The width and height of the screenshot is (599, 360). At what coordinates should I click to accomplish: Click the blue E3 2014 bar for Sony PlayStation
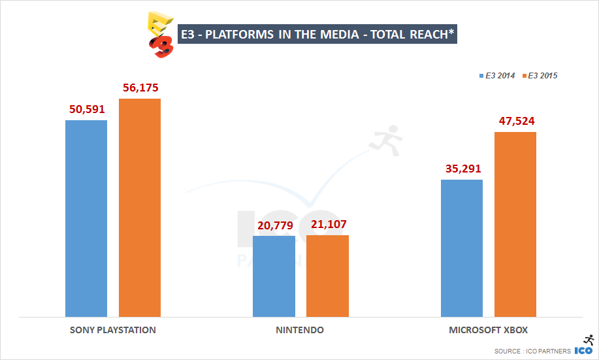pyautogui.click(x=86, y=219)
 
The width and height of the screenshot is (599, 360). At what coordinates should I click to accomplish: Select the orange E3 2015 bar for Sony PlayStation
pyautogui.click(x=139, y=208)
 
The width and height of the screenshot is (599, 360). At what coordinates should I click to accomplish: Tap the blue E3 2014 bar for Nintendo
pyautogui.click(x=274, y=276)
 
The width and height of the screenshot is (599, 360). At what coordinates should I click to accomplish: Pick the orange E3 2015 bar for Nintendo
pyautogui.click(x=327, y=276)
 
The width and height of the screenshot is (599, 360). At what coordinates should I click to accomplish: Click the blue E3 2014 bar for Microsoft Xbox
pyautogui.click(x=462, y=248)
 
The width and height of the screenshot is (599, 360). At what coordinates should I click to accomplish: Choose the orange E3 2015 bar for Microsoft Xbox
pyautogui.click(x=515, y=225)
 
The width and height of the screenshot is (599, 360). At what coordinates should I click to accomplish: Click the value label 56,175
pyautogui.click(x=140, y=87)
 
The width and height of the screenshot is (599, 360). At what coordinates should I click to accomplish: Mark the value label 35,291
pyautogui.click(x=462, y=168)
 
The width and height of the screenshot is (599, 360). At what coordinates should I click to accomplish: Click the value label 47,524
pyautogui.click(x=515, y=120)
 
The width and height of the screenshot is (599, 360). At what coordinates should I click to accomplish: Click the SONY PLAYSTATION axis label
pyautogui.click(x=113, y=330)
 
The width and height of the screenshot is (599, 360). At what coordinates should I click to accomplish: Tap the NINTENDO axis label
pyautogui.click(x=300, y=330)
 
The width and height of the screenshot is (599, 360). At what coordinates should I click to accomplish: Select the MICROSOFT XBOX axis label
pyautogui.click(x=489, y=330)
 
